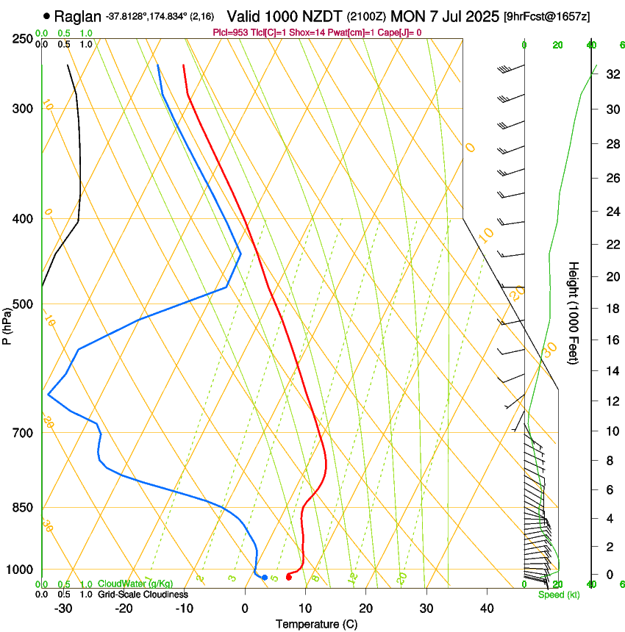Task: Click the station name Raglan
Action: pos(77,15)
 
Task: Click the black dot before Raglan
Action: pos(47,15)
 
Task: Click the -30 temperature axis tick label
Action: pos(64,608)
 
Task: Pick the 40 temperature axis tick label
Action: pos(486,608)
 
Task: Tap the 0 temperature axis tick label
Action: pos(246,608)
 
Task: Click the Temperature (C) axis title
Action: pos(316,624)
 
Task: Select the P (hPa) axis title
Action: pos(8,323)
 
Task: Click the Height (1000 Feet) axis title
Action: pos(574,312)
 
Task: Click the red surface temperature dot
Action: pos(288,577)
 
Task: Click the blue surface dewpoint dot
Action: pos(265,577)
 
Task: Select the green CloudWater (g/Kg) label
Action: pos(135,584)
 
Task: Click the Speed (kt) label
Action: pos(558,594)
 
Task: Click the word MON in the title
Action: pos(409,15)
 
